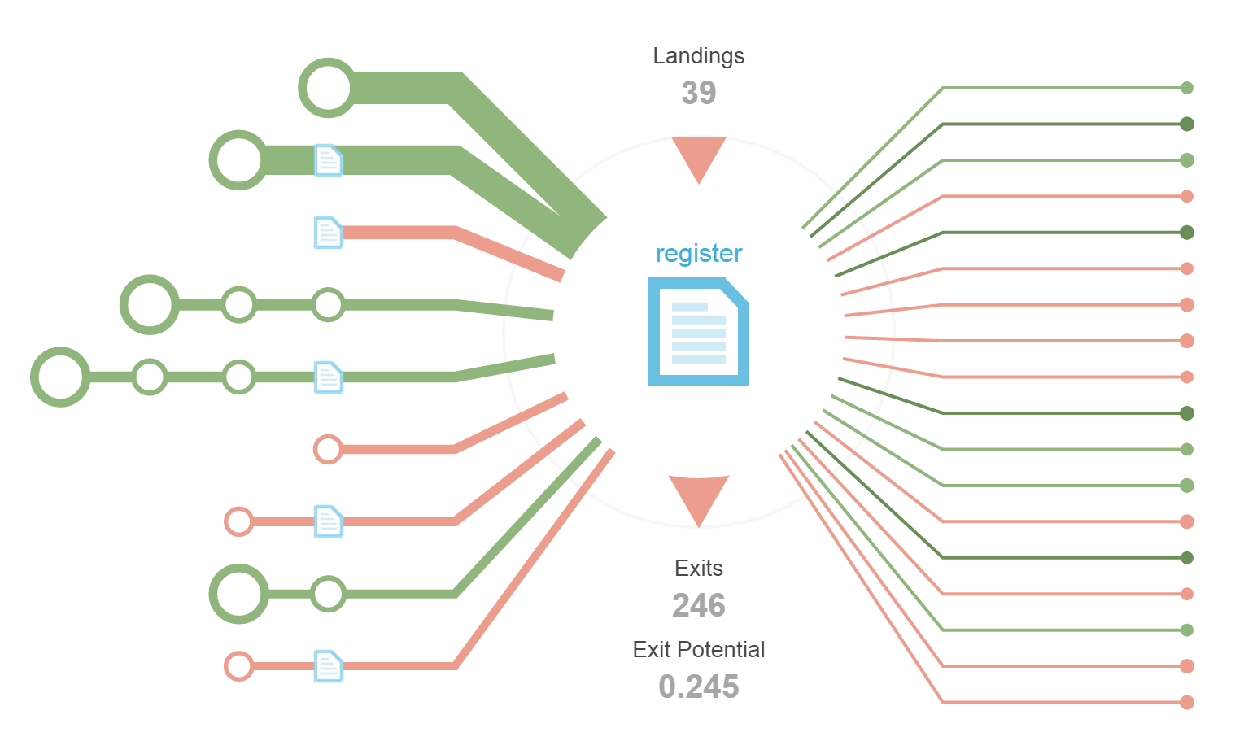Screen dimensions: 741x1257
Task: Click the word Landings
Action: point(698,56)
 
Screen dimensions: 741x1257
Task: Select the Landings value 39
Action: point(698,93)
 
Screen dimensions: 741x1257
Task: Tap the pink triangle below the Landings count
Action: point(698,158)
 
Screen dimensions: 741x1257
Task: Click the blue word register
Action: point(698,254)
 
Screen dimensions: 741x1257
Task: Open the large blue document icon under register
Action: point(698,332)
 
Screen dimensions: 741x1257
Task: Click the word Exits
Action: point(698,568)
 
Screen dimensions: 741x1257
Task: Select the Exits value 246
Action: point(698,605)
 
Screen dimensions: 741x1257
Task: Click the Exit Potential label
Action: point(698,649)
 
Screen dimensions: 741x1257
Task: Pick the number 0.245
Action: point(698,687)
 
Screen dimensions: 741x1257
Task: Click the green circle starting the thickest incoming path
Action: point(327,88)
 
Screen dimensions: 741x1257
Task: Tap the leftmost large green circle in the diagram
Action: point(60,377)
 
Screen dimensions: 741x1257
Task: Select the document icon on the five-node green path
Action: point(328,377)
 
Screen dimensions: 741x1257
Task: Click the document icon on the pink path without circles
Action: point(328,233)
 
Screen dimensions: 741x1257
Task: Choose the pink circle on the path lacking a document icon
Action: point(328,449)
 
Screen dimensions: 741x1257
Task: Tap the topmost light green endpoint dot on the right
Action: point(1186,88)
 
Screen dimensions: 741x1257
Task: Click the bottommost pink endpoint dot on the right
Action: point(1186,702)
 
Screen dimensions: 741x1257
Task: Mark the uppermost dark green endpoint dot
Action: point(1186,124)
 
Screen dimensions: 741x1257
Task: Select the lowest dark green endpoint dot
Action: point(1186,558)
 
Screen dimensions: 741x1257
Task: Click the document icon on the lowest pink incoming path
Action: point(328,666)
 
